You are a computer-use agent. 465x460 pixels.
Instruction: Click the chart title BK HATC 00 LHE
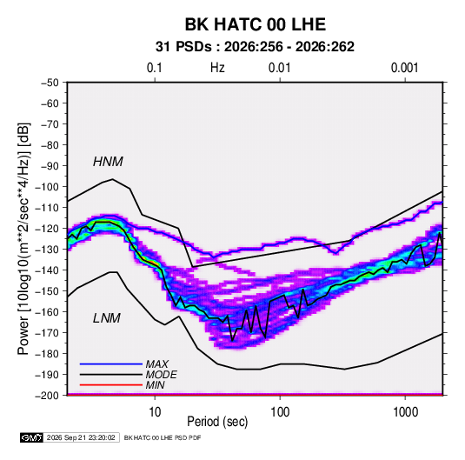pyautogui.click(x=256, y=24)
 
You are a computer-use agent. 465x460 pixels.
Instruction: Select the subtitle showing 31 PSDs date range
pyautogui.click(x=255, y=47)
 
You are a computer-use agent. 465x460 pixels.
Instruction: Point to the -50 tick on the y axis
pyautogui.click(x=50, y=83)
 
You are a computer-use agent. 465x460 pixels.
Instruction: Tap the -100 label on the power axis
pyautogui.click(x=47, y=187)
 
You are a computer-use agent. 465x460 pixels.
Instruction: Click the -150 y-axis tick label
pyautogui.click(x=47, y=291)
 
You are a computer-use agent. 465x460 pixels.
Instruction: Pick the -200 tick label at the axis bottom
pyautogui.click(x=47, y=396)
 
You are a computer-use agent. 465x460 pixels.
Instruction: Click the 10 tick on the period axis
pyautogui.click(x=155, y=412)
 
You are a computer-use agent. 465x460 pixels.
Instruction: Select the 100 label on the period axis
pyautogui.click(x=280, y=412)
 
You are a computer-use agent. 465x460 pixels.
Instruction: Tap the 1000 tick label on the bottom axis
pyautogui.click(x=405, y=412)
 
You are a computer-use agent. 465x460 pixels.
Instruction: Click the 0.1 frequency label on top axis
pyautogui.click(x=155, y=68)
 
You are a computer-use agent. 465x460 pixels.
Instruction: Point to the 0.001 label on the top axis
pyautogui.click(x=405, y=68)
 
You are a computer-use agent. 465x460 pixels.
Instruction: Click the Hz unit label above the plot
pyautogui.click(x=217, y=68)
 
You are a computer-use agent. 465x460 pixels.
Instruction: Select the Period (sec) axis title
pyautogui.click(x=217, y=422)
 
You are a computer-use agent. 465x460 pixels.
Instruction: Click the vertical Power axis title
pyautogui.click(x=23, y=238)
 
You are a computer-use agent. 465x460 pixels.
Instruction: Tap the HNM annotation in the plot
pyautogui.click(x=108, y=162)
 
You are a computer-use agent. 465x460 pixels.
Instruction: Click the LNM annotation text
pyautogui.click(x=107, y=318)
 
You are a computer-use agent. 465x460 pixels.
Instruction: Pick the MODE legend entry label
pyautogui.click(x=162, y=375)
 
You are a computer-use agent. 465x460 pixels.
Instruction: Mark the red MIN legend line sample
pyautogui.click(x=111, y=385)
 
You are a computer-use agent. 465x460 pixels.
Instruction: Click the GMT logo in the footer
pyautogui.click(x=31, y=437)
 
